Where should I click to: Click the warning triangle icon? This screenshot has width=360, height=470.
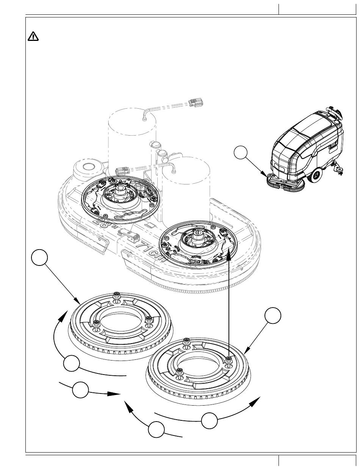click(x=33, y=36)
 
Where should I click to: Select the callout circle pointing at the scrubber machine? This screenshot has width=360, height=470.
click(x=241, y=153)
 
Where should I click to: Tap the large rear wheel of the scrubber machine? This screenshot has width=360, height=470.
click(x=315, y=175)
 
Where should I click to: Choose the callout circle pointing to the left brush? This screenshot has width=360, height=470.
click(x=39, y=258)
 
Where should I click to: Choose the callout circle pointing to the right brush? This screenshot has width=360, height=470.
click(x=273, y=316)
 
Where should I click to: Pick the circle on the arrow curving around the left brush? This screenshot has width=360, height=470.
click(x=71, y=364)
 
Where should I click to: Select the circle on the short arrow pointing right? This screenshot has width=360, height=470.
click(x=81, y=390)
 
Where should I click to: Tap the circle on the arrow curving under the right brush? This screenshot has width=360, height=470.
click(x=210, y=421)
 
